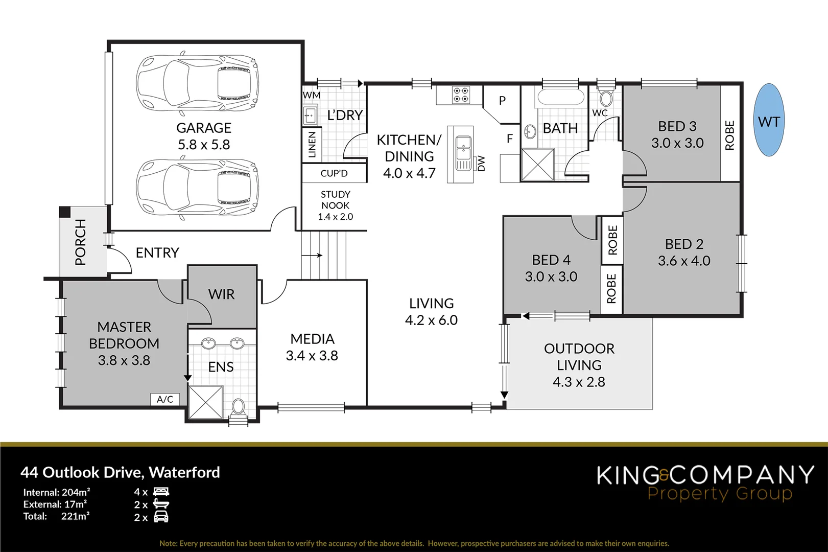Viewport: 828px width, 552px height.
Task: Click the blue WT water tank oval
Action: click(769, 121)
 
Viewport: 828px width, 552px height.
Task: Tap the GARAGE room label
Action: click(204, 128)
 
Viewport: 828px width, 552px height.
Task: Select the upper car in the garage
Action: click(197, 82)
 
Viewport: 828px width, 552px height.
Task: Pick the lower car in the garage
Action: click(197, 189)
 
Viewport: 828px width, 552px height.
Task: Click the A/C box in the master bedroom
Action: click(165, 399)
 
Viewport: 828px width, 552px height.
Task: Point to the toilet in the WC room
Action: click(606, 98)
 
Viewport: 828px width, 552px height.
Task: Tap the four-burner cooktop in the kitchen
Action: click(460, 95)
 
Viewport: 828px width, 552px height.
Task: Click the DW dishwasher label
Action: click(481, 164)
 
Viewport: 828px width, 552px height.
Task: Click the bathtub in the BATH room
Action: click(560, 97)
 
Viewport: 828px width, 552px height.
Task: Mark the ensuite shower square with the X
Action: click(206, 402)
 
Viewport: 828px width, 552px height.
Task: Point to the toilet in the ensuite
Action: click(238, 407)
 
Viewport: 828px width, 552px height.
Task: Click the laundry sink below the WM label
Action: click(310, 115)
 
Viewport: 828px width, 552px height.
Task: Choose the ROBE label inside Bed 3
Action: click(729, 135)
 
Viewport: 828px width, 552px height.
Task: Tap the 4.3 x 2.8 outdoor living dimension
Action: click(579, 382)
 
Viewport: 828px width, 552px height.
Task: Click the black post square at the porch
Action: click(64, 212)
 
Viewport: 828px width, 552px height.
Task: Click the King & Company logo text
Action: click(705, 475)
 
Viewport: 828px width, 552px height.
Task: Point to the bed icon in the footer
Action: click(161, 492)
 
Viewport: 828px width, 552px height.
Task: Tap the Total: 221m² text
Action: click(56, 516)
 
